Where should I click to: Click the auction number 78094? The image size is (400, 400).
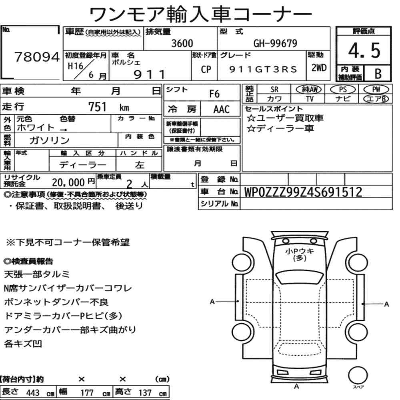coord(37,57)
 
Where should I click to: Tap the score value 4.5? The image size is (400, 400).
coord(364,50)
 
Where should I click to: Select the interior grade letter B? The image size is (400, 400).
coord(378,74)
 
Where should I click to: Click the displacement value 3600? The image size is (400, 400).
coord(182,43)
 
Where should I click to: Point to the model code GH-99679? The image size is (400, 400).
coord(275,43)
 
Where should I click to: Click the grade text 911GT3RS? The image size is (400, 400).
coord(263,69)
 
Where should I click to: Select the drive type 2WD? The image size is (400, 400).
coord(319,68)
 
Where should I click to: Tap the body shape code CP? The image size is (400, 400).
coord(206,69)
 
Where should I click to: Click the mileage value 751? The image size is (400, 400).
coord(97,107)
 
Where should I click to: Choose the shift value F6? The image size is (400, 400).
coord(214,94)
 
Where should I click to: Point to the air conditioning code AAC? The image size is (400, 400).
coord(222,110)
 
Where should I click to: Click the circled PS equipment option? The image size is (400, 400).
coord(343,90)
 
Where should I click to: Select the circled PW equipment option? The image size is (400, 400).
coord(376,90)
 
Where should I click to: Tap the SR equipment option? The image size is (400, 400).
coord(274,90)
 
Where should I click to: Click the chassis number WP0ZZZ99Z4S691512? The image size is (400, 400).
coord(303,192)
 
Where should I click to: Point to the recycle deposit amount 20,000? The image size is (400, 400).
coord(68,182)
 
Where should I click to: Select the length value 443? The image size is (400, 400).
coord(33,393)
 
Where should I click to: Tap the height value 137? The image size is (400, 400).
coord(145,393)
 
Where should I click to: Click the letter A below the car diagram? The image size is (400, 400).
coord(296,387)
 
